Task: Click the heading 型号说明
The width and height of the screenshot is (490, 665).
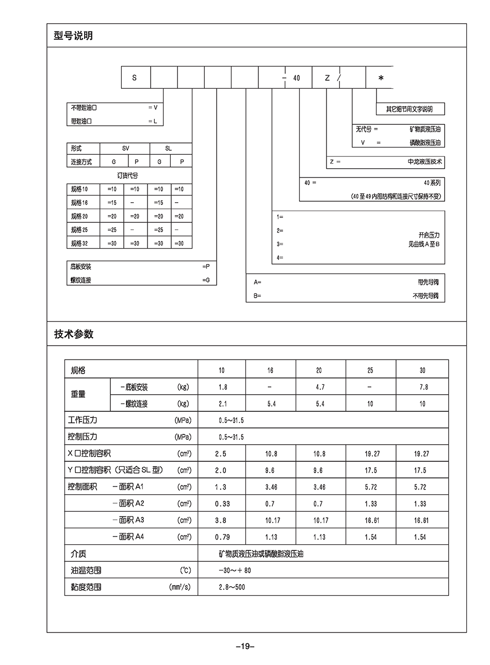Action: (x=73, y=36)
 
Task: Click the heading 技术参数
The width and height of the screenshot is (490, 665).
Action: (x=74, y=334)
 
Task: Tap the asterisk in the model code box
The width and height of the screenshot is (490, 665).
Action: (x=381, y=78)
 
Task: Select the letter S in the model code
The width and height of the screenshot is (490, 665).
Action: (x=135, y=78)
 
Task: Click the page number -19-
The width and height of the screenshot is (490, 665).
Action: (x=245, y=646)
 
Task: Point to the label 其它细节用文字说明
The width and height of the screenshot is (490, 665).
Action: (x=410, y=109)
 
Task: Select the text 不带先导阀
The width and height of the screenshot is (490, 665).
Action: (x=426, y=296)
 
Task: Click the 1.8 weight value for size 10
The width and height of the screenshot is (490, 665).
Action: (x=222, y=387)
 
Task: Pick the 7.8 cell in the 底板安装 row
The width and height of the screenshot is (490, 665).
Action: (x=423, y=387)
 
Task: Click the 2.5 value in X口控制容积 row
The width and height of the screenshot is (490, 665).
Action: (x=221, y=454)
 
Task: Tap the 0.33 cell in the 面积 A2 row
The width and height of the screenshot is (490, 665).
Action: (x=222, y=504)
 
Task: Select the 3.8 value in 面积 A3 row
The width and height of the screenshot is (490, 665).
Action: (x=221, y=521)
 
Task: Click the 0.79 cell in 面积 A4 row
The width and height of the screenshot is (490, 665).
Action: (x=222, y=537)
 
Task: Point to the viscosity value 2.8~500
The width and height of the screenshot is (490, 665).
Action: (x=232, y=587)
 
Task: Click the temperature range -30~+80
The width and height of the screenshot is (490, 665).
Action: (x=235, y=571)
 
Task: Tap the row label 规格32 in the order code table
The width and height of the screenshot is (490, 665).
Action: (x=79, y=244)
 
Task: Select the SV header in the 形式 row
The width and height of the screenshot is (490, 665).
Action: (x=126, y=149)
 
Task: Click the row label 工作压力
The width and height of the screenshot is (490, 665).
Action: (x=83, y=420)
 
